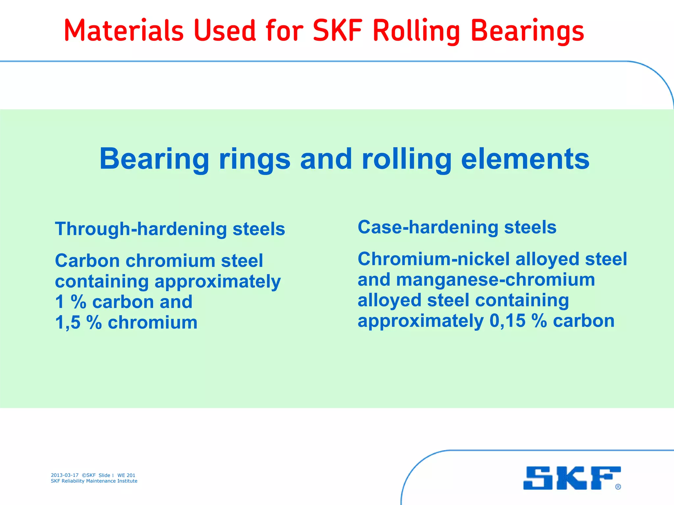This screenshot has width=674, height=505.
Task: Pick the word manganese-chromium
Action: (x=495, y=280)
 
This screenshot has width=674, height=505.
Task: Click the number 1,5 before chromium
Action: (x=68, y=322)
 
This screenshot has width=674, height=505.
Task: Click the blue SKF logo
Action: (x=572, y=478)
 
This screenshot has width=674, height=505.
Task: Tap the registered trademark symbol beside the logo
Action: (x=618, y=487)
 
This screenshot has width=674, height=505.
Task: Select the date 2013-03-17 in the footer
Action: (x=65, y=475)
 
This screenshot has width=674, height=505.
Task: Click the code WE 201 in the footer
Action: (x=126, y=475)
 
